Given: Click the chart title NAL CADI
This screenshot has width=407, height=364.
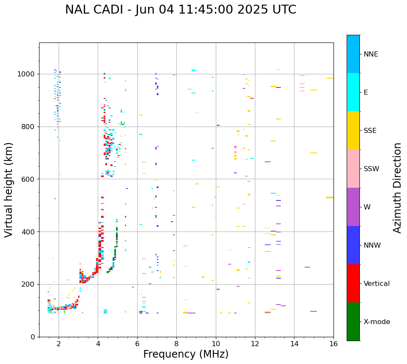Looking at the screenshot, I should (181, 10).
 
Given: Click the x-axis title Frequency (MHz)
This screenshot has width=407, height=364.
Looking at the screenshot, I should (186, 354).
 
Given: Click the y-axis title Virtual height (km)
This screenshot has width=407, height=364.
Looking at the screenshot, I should (9, 189).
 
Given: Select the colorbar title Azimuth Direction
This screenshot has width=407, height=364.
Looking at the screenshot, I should (397, 188).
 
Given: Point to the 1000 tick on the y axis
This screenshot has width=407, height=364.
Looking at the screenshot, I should (28, 74).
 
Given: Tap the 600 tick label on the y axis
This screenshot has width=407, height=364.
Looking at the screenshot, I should (30, 179).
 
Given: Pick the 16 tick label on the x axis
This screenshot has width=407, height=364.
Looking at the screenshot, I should (334, 344).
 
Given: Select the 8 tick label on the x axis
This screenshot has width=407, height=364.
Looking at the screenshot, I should (176, 344).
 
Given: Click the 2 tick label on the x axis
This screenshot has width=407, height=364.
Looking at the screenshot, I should (59, 344).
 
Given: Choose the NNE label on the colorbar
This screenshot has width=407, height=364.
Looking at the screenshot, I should (370, 54).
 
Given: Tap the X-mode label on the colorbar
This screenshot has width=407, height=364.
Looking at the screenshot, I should (377, 322).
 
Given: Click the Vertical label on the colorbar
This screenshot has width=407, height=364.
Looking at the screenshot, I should (376, 284).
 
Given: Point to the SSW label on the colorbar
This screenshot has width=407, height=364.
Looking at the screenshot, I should (371, 169).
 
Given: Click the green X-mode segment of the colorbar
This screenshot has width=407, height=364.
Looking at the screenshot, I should (353, 322).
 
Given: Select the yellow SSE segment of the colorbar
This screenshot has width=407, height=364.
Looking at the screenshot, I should (353, 130).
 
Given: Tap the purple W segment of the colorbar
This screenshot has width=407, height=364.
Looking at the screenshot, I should (353, 207).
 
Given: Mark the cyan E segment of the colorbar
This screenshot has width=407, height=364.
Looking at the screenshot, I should (353, 92).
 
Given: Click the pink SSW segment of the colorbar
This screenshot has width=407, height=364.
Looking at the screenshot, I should (353, 169).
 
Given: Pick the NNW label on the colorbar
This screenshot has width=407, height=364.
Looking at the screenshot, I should (372, 245).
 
